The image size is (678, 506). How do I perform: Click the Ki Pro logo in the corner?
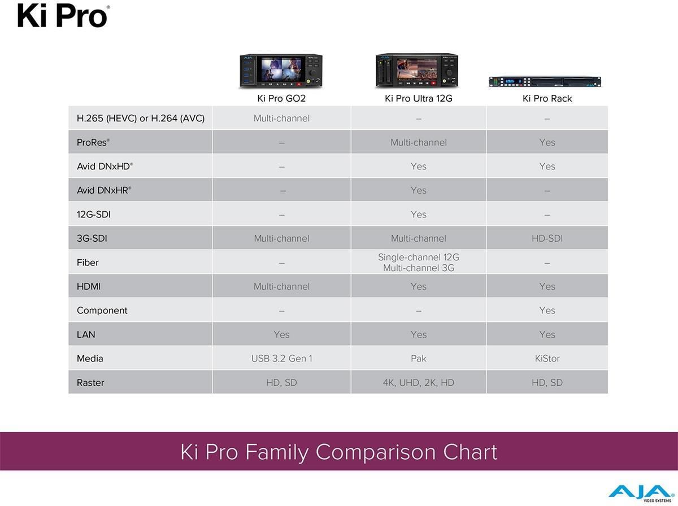[x=63, y=16]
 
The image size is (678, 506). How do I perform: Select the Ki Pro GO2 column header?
[x=281, y=98]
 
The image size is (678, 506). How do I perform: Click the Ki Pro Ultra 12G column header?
[x=418, y=98]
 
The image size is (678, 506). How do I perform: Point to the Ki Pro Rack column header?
[x=547, y=98]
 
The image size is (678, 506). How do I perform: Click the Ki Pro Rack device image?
[x=545, y=81]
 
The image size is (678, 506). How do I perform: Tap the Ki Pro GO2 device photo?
[x=281, y=71]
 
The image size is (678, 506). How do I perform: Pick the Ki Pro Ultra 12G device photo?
[x=417, y=71]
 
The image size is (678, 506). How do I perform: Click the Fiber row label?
[x=88, y=263]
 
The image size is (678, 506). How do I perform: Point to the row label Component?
[x=102, y=311]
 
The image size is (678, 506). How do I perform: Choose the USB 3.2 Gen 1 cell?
[x=281, y=359]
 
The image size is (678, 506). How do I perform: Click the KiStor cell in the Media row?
[x=547, y=359]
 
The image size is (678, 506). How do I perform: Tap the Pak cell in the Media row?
[x=419, y=359]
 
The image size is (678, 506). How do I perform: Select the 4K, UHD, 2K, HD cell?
[x=419, y=383]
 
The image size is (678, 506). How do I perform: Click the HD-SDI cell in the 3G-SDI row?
[x=547, y=238]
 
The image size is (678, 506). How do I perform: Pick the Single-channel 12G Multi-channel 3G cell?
[x=419, y=263]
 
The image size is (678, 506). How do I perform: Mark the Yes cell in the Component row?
[x=547, y=311]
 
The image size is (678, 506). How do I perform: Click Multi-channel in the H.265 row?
[x=281, y=118]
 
